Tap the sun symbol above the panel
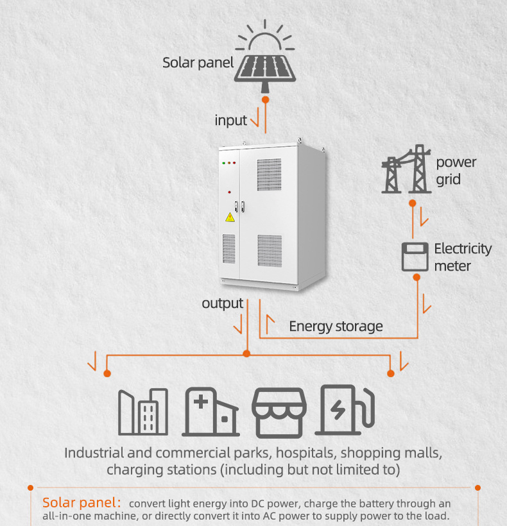click(x=264, y=37)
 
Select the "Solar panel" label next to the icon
click(x=198, y=63)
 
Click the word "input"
click(x=231, y=121)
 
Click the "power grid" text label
click(x=456, y=171)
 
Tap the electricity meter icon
click(x=415, y=257)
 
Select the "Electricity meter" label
click(x=462, y=257)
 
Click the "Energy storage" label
click(x=336, y=326)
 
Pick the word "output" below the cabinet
click(x=222, y=303)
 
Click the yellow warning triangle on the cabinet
click(x=230, y=217)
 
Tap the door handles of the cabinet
click(x=239, y=206)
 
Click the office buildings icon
click(x=143, y=412)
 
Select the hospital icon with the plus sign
click(x=211, y=412)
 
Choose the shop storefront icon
click(x=279, y=412)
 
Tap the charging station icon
click(x=345, y=411)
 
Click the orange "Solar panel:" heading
click(x=82, y=502)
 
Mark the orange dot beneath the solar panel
click(x=265, y=99)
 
